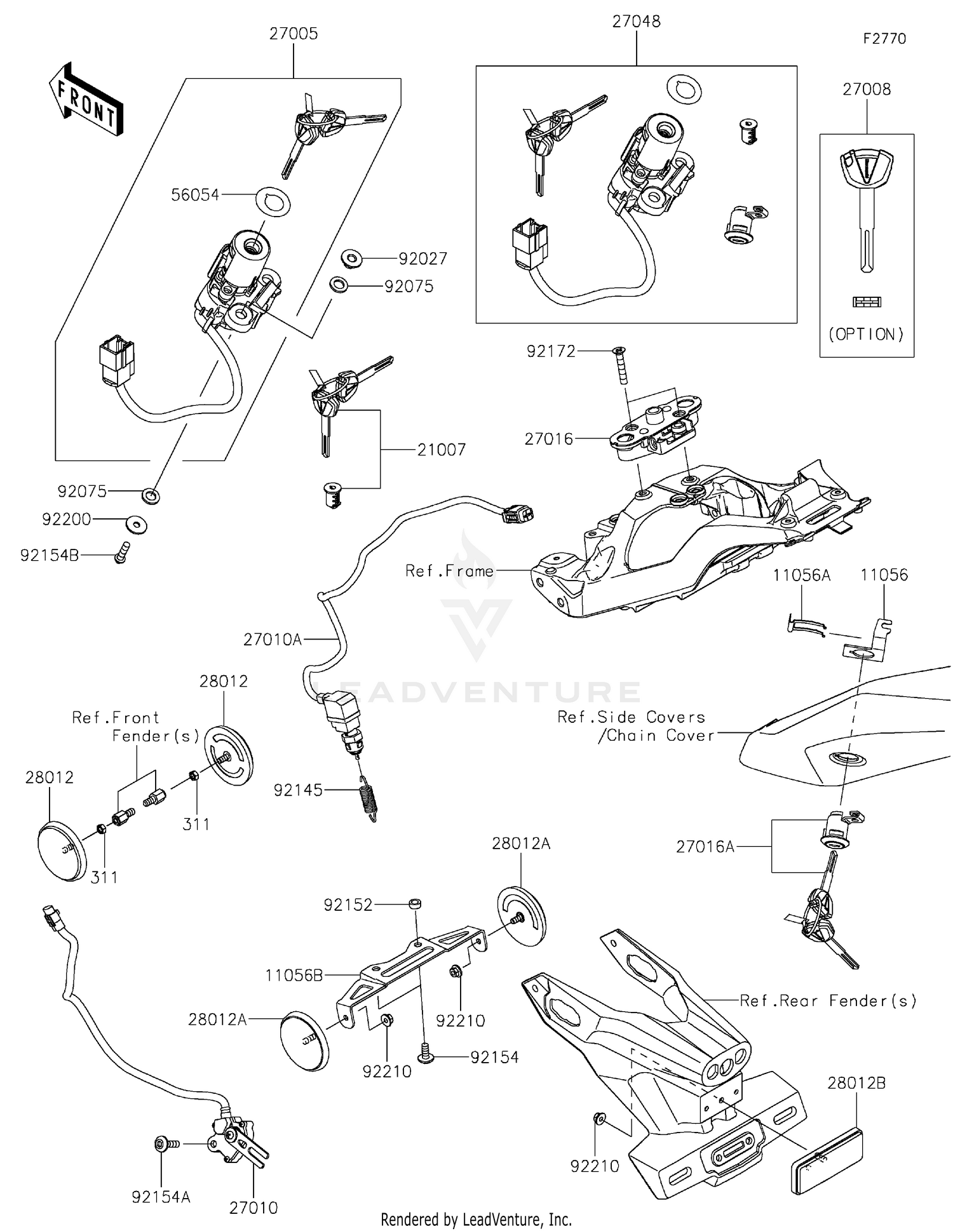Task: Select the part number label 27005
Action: (x=294, y=34)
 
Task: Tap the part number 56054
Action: (x=195, y=195)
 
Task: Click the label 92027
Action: (x=423, y=259)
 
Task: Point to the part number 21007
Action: (x=442, y=450)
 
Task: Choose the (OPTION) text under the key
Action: (x=867, y=335)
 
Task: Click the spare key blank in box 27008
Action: (x=866, y=210)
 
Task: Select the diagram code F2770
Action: (x=884, y=39)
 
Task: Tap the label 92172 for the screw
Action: (x=551, y=351)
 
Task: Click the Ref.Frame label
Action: (x=449, y=571)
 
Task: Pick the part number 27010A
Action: (x=273, y=640)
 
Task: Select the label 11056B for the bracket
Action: (x=294, y=975)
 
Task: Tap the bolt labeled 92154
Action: (x=425, y=1057)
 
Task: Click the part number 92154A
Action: (x=161, y=1197)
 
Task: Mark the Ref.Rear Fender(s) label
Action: (x=828, y=1001)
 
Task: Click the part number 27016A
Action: (x=705, y=847)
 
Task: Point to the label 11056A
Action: (x=802, y=575)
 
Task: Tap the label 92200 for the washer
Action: (x=67, y=520)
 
